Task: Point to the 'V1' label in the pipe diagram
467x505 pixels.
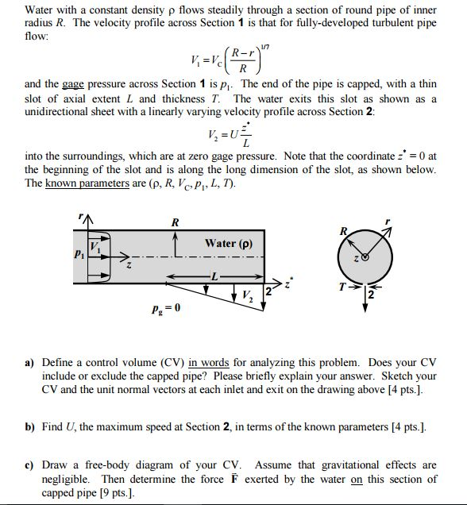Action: click(x=95, y=246)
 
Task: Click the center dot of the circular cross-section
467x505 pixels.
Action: click(x=365, y=257)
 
